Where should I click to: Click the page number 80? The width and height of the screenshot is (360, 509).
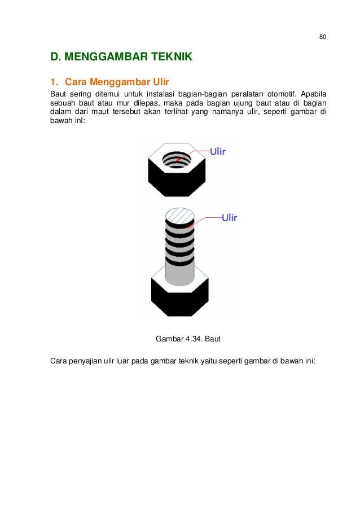[322, 37]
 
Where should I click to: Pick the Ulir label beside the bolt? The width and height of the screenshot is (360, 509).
[229, 217]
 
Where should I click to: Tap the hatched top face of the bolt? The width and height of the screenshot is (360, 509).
[179, 216]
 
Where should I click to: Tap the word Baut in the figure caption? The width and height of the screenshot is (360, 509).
[213, 339]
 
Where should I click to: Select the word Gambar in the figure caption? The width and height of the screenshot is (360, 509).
[168, 339]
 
